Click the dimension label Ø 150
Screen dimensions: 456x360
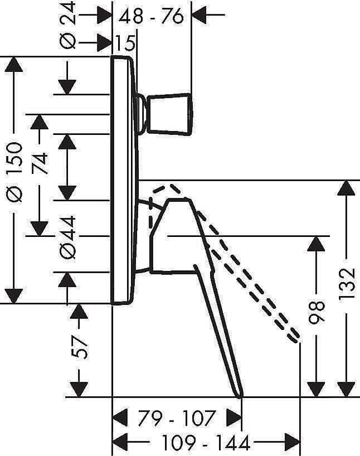point(15,178)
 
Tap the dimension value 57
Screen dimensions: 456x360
point(81,347)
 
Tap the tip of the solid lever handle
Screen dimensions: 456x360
point(241,395)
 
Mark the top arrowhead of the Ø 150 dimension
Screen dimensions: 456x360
point(15,64)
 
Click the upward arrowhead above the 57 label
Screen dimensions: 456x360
point(81,312)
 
